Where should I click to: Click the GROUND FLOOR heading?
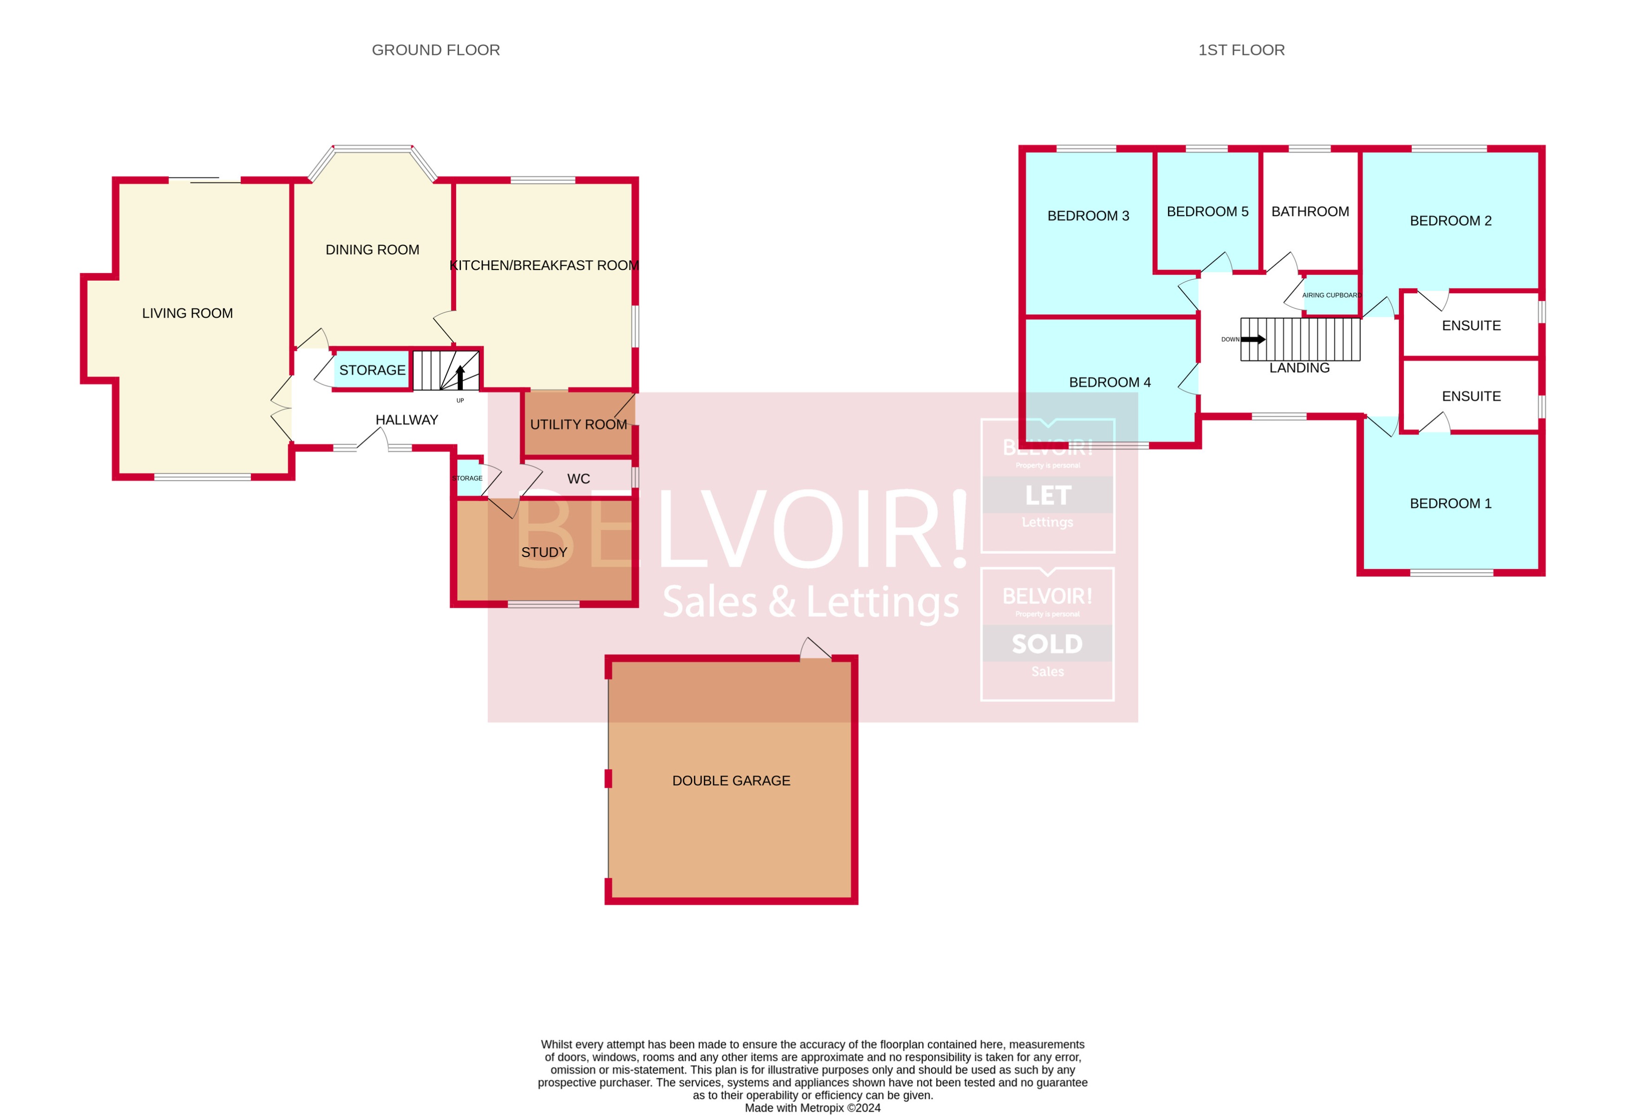(x=435, y=50)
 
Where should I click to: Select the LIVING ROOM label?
(x=188, y=314)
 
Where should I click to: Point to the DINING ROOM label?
(x=372, y=250)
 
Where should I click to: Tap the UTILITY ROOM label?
(x=578, y=425)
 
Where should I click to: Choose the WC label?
(x=578, y=479)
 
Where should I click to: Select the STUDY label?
(x=544, y=552)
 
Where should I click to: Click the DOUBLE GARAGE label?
(x=731, y=780)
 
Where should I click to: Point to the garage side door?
(x=816, y=649)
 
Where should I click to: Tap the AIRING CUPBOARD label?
(x=1331, y=295)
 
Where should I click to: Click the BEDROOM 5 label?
(x=1207, y=211)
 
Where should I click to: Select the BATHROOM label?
(x=1310, y=211)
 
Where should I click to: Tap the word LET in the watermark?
(x=1048, y=495)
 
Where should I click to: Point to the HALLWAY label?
(x=406, y=420)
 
